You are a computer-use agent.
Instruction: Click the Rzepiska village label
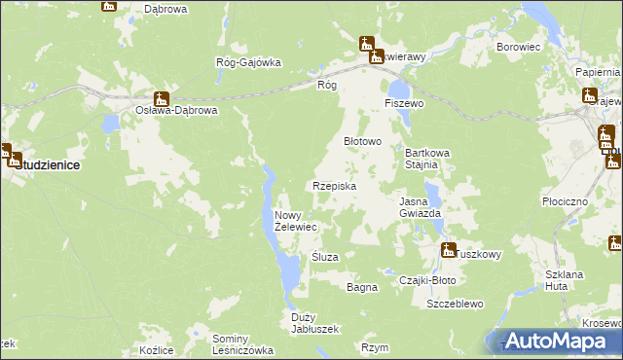(x=334, y=186)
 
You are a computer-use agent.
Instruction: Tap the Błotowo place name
(x=362, y=141)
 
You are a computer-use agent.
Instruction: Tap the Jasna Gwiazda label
(x=421, y=207)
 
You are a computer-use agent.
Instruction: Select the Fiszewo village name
(x=404, y=103)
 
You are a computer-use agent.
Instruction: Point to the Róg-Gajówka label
(x=248, y=63)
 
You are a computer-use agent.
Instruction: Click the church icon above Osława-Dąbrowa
(x=162, y=98)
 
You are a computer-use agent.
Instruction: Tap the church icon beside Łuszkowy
(x=448, y=250)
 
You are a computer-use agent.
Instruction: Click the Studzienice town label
(x=47, y=165)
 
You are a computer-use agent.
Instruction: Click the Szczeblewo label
(x=455, y=304)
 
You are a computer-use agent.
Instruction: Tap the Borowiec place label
(x=518, y=46)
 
